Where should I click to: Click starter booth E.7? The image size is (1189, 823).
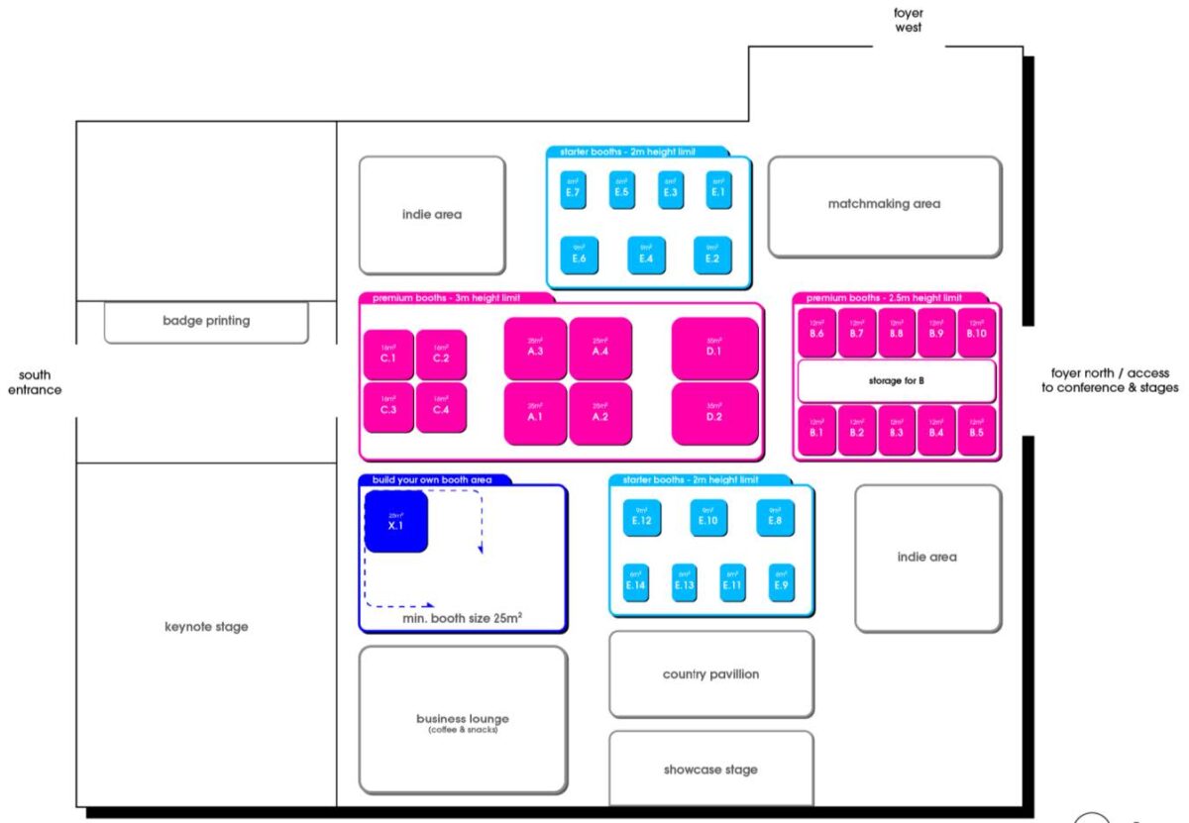pos(573,190)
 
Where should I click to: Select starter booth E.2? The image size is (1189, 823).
pos(712,256)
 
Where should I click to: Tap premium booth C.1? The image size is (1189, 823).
pos(388,355)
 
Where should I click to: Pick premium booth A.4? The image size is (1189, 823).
pos(600,348)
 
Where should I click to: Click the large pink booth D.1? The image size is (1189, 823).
pos(714,349)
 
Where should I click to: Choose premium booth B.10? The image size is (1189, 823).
pos(977,332)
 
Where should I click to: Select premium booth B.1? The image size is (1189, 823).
pos(816,431)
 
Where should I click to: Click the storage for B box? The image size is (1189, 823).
pos(896,380)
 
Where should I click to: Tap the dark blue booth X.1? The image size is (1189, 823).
pos(395,522)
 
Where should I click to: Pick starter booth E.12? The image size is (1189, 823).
pos(641,518)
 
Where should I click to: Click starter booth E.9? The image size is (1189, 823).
pos(781,583)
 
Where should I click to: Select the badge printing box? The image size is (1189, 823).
pos(206,321)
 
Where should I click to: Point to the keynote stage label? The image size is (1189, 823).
pos(206,627)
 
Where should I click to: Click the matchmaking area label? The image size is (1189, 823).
pos(884,204)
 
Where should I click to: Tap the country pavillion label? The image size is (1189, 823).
pos(710,674)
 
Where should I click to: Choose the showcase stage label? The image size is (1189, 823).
pos(710,770)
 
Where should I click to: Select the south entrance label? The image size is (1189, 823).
pos(41,382)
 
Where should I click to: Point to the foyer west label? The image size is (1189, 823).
pos(908,20)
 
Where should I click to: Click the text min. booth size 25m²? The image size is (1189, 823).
pos(463,618)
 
